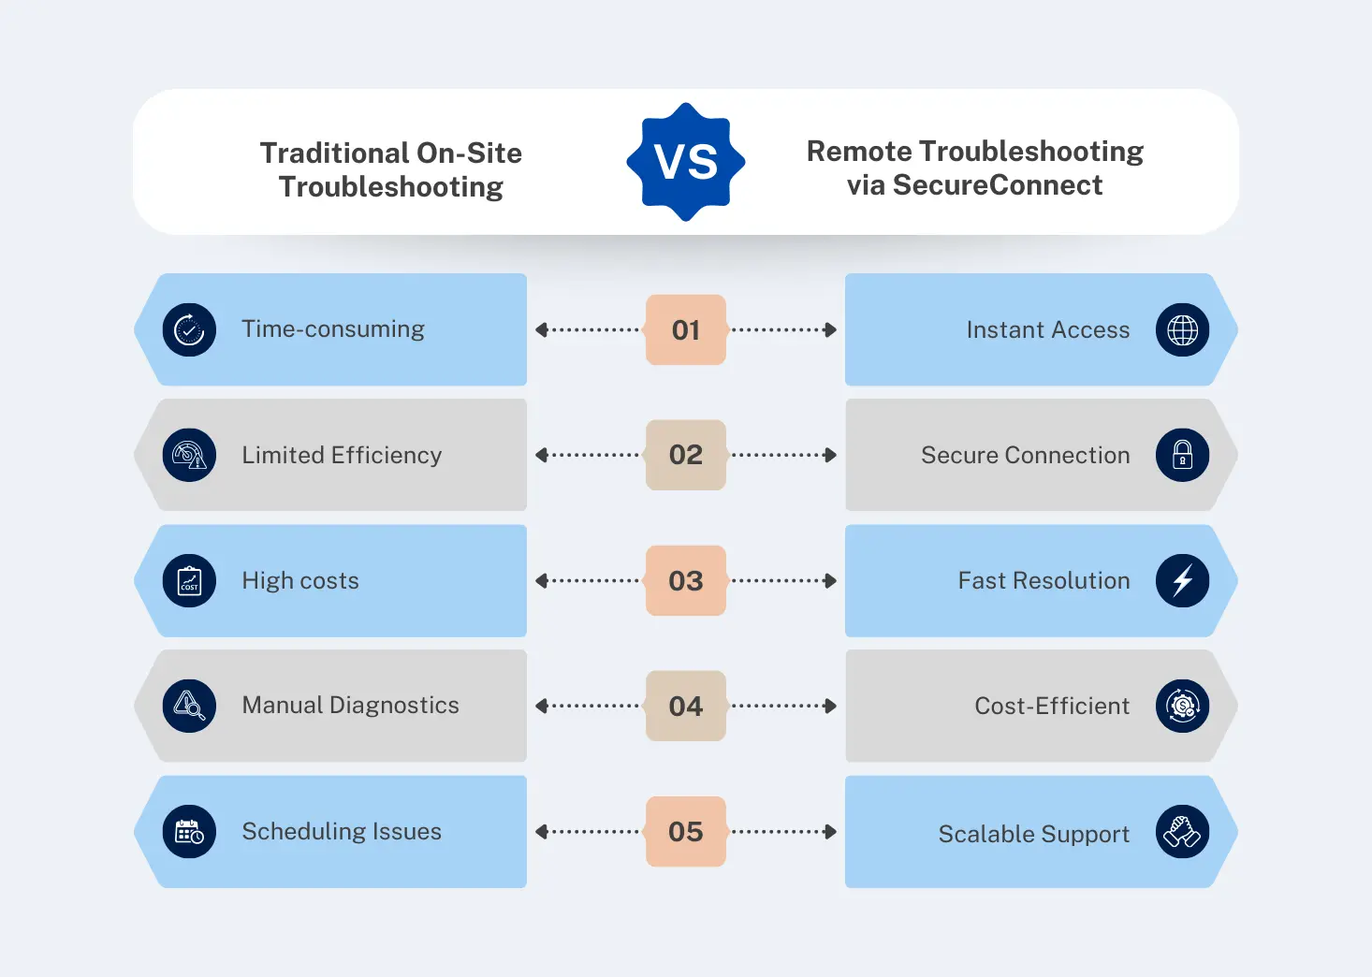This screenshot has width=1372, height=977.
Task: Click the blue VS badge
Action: point(686,162)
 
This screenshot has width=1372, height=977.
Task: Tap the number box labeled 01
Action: point(686,329)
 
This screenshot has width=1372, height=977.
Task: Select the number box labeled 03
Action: point(686,580)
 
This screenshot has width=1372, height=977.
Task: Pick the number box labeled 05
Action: point(686,831)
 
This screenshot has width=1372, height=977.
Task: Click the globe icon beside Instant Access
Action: point(1182,329)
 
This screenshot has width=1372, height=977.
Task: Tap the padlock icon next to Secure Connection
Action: point(1182,455)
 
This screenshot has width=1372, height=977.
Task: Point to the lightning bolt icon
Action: point(1182,580)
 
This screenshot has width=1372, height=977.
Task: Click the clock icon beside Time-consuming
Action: point(189,329)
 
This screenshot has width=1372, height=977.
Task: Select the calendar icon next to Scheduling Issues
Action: point(189,831)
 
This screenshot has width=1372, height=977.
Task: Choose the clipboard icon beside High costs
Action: point(189,580)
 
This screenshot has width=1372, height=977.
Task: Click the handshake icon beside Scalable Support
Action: point(1182,831)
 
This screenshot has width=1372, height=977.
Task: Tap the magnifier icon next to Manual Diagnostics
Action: point(189,706)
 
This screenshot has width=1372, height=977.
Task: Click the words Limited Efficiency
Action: point(342,455)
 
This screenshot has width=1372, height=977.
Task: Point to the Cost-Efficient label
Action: point(1052,706)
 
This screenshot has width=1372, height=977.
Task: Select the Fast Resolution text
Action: point(1044,580)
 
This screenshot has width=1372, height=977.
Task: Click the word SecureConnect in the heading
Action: point(998,185)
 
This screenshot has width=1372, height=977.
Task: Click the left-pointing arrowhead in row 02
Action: point(541,455)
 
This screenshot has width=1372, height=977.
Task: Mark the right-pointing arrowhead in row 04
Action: point(830,706)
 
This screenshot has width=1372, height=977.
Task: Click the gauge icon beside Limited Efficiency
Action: point(189,455)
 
